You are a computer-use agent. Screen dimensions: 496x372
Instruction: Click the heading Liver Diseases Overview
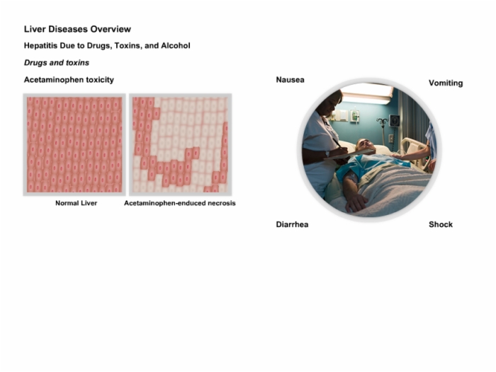pyautogui.click(x=77, y=29)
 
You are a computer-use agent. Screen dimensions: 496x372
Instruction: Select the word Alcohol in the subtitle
pyautogui.click(x=176, y=45)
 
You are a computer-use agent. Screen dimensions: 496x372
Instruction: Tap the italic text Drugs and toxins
pyautogui.click(x=57, y=62)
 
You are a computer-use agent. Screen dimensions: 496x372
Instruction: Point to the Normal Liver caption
pyautogui.click(x=77, y=203)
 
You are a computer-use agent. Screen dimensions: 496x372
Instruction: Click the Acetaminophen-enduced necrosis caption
pyautogui.click(x=180, y=203)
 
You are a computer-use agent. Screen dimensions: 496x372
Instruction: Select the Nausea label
pyautogui.click(x=290, y=80)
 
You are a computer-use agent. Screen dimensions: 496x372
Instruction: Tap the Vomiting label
pyautogui.click(x=446, y=83)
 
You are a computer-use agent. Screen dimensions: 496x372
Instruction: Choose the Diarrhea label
pyautogui.click(x=292, y=224)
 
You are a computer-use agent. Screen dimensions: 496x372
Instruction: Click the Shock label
pyautogui.click(x=441, y=224)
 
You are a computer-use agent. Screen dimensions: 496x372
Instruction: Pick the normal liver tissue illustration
pyautogui.click(x=74, y=145)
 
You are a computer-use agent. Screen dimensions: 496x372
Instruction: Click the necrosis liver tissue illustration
pyautogui.click(x=180, y=145)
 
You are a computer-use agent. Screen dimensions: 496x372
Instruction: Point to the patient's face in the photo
pyautogui.click(x=366, y=146)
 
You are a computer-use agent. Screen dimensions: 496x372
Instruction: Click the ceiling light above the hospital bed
pyautogui.click(x=367, y=93)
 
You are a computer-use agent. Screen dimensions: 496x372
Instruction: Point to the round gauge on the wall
pyautogui.click(x=395, y=120)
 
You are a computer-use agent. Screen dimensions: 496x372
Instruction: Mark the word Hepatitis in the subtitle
pyautogui.click(x=40, y=45)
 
